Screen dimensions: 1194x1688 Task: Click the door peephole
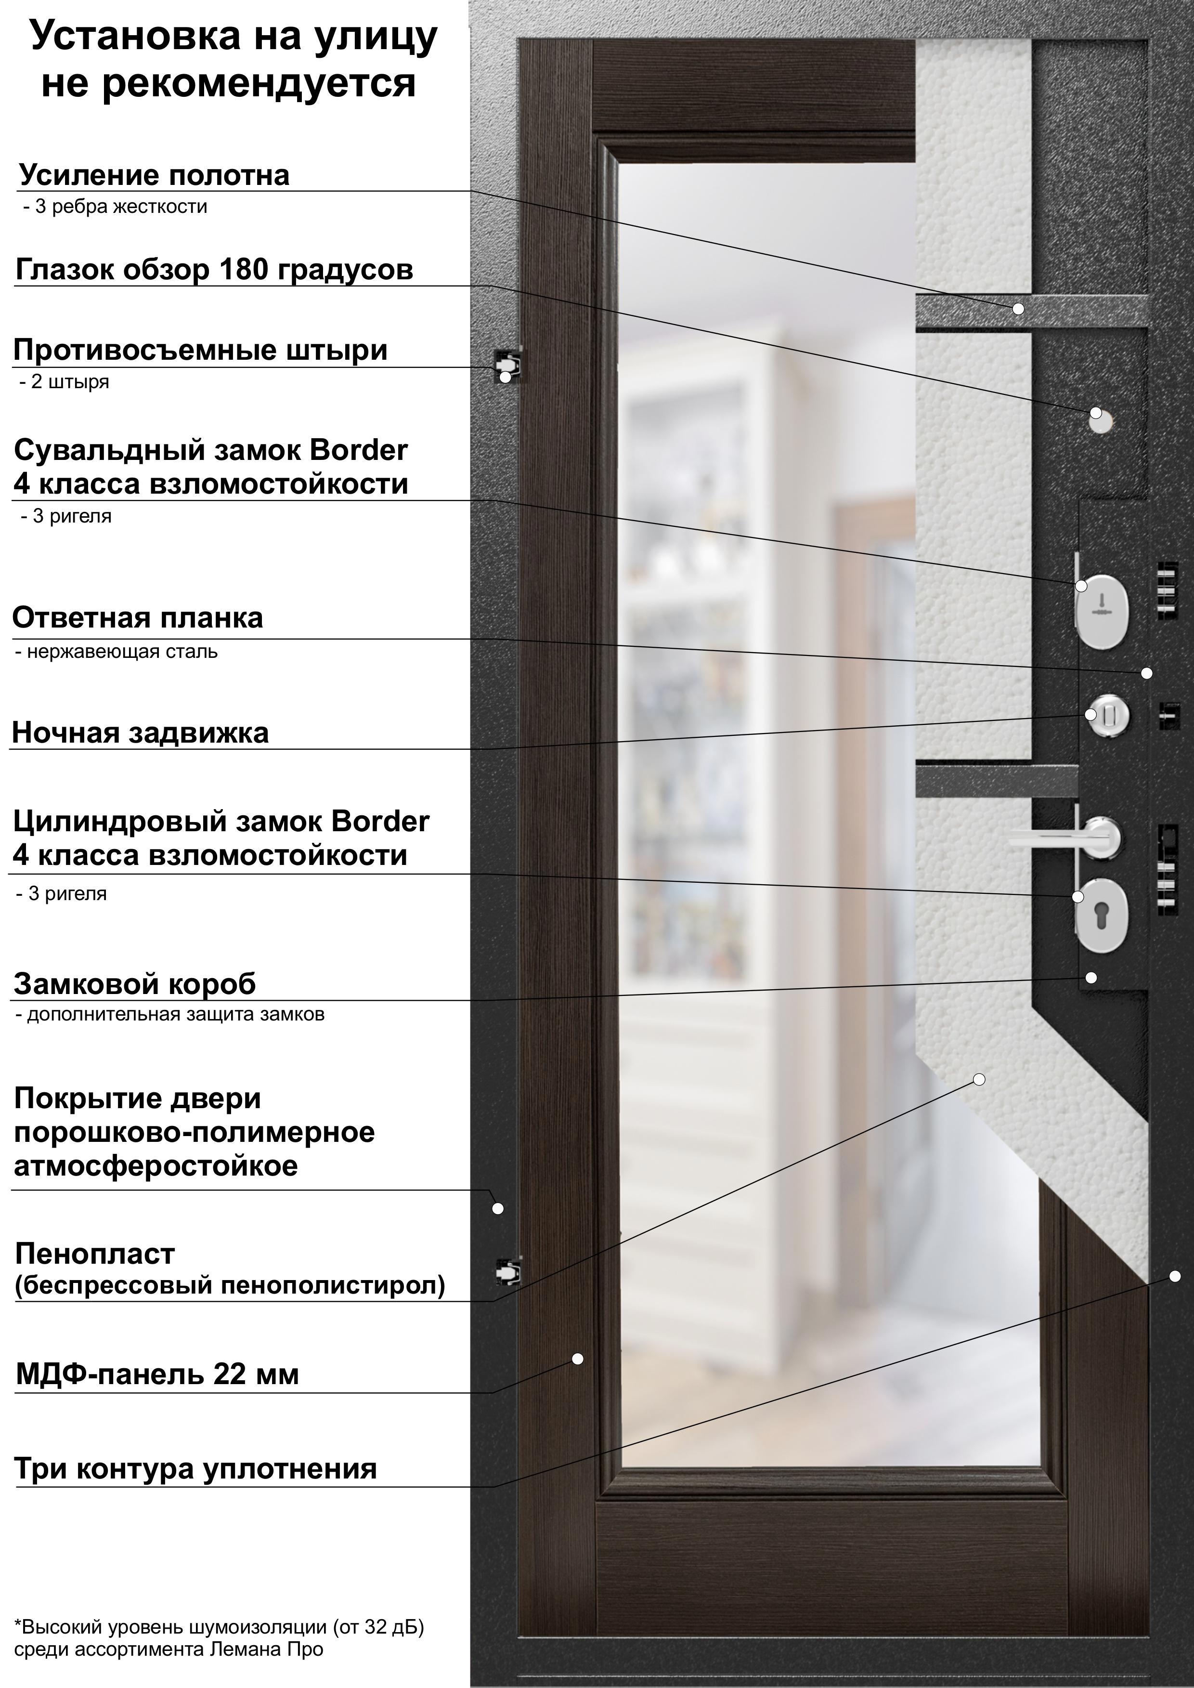pos(1102,419)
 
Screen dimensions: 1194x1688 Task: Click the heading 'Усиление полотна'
pos(155,175)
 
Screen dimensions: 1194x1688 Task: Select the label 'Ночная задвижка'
pos(141,733)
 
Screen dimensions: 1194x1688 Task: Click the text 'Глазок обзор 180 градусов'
pos(214,269)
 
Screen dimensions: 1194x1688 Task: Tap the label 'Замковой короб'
pos(134,983)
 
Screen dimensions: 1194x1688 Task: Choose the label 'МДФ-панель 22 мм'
pos(157,1374)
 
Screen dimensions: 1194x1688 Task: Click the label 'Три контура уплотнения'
pos(195,1468)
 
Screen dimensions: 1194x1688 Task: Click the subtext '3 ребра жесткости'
pos(116,207)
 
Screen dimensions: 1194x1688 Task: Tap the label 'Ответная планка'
pos(138,618)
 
